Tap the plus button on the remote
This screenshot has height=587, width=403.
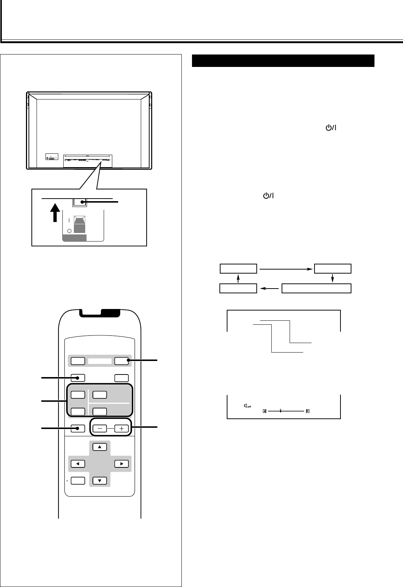[x=122, y=429]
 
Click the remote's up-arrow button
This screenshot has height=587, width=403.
[x=99, y=447]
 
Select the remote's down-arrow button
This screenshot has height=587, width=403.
[x=99, y=480]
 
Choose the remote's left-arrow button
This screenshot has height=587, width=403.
[x=78, y=464]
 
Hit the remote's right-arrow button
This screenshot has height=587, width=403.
[x=121, y=464]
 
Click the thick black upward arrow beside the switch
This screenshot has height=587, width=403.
[x=55, y=213]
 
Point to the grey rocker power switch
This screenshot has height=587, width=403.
[x=80, y=224]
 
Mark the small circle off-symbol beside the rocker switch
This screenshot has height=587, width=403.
[x=69, y=232]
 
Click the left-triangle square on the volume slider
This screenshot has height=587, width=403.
[x=264, y=410]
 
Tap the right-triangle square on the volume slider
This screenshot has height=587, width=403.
[x=308, y=410]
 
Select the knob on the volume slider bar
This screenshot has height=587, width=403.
[x=280, y=410]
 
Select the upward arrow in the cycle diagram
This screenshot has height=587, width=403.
[x=238, y=278]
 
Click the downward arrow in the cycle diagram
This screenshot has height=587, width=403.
[x=333, y=278]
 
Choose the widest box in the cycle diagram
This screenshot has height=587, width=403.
[x=317, y=288]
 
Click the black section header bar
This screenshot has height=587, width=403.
[x=283, y=61]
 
